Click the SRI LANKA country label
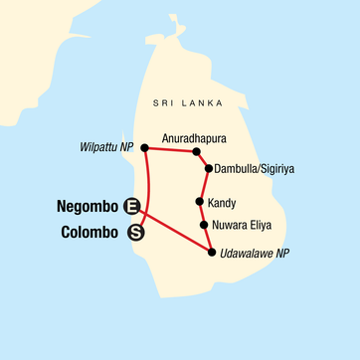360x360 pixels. pos(195,103)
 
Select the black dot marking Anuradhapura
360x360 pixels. pos(197,152)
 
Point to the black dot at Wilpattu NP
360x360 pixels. pos(145,148)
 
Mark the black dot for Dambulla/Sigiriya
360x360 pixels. pos(208,168)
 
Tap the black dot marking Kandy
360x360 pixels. pos(200,202)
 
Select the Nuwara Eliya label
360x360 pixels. pos(244,226)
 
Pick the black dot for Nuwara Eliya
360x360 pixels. pos(203,225)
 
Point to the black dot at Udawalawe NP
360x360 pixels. pos(212,253)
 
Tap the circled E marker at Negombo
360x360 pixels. pos(130,208)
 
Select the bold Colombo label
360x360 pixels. pos(85,235)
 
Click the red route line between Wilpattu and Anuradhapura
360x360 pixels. pos(171,150)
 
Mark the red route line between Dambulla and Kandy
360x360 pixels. pos(204,185)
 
